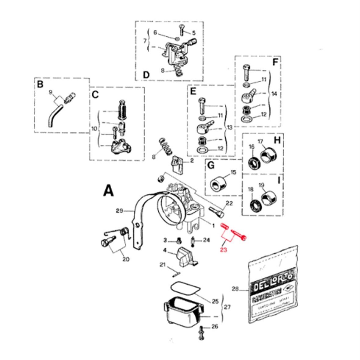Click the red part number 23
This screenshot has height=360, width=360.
[x=224, y=250]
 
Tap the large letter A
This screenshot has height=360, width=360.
[x=108, y=191]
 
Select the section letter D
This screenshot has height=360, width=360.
[x=146, y=74]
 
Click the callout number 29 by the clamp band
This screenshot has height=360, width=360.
[x=119, y=211]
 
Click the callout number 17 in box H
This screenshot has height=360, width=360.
[x=260, y=141]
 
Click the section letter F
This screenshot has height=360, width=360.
[x=275, y=63]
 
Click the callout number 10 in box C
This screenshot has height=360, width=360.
[x=94, y=129]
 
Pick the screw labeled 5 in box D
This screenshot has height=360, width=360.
[x=180, y=31]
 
